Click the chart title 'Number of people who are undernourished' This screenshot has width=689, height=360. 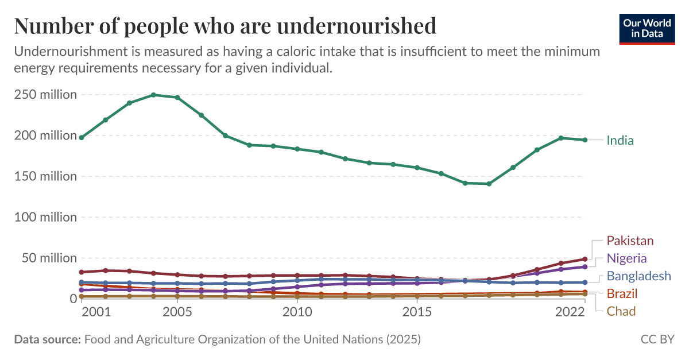pyautogui.click(x=225, y=26)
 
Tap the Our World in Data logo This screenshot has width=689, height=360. pyautogui.click(x=647, y=28)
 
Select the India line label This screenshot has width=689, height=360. pyautogui.click(x=620, y=141)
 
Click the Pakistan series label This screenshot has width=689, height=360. pyautogui.click(x=630, y=241)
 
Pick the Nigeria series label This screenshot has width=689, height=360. pyautogui.click(x=626, y=258)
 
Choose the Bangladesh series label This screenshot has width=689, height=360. pyautogui.click(x=638, y=276)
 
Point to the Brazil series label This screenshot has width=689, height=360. pyautogui.click(x=622, y=294)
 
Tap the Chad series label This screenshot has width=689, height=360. pyautogui.click(x=621, y=312)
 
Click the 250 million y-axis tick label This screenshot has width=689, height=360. pyautogui.click(x=45, y=95)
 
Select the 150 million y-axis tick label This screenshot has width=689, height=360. pyautogui.click(x=45, y=176)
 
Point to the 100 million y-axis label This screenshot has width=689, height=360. pyautogui.click(x=45, y=217)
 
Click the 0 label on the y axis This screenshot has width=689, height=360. pyautogui.click(x=73, y=299)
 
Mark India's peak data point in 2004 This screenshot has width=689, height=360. pyautogui.click(x=153, y=95)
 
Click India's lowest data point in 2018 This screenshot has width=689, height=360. pyautogui.click(x=489, y=184)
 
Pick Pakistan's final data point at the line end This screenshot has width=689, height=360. pyautogui.click(x=585, y=259)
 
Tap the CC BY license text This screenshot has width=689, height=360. pyautogui.click(x=657, y=339)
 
